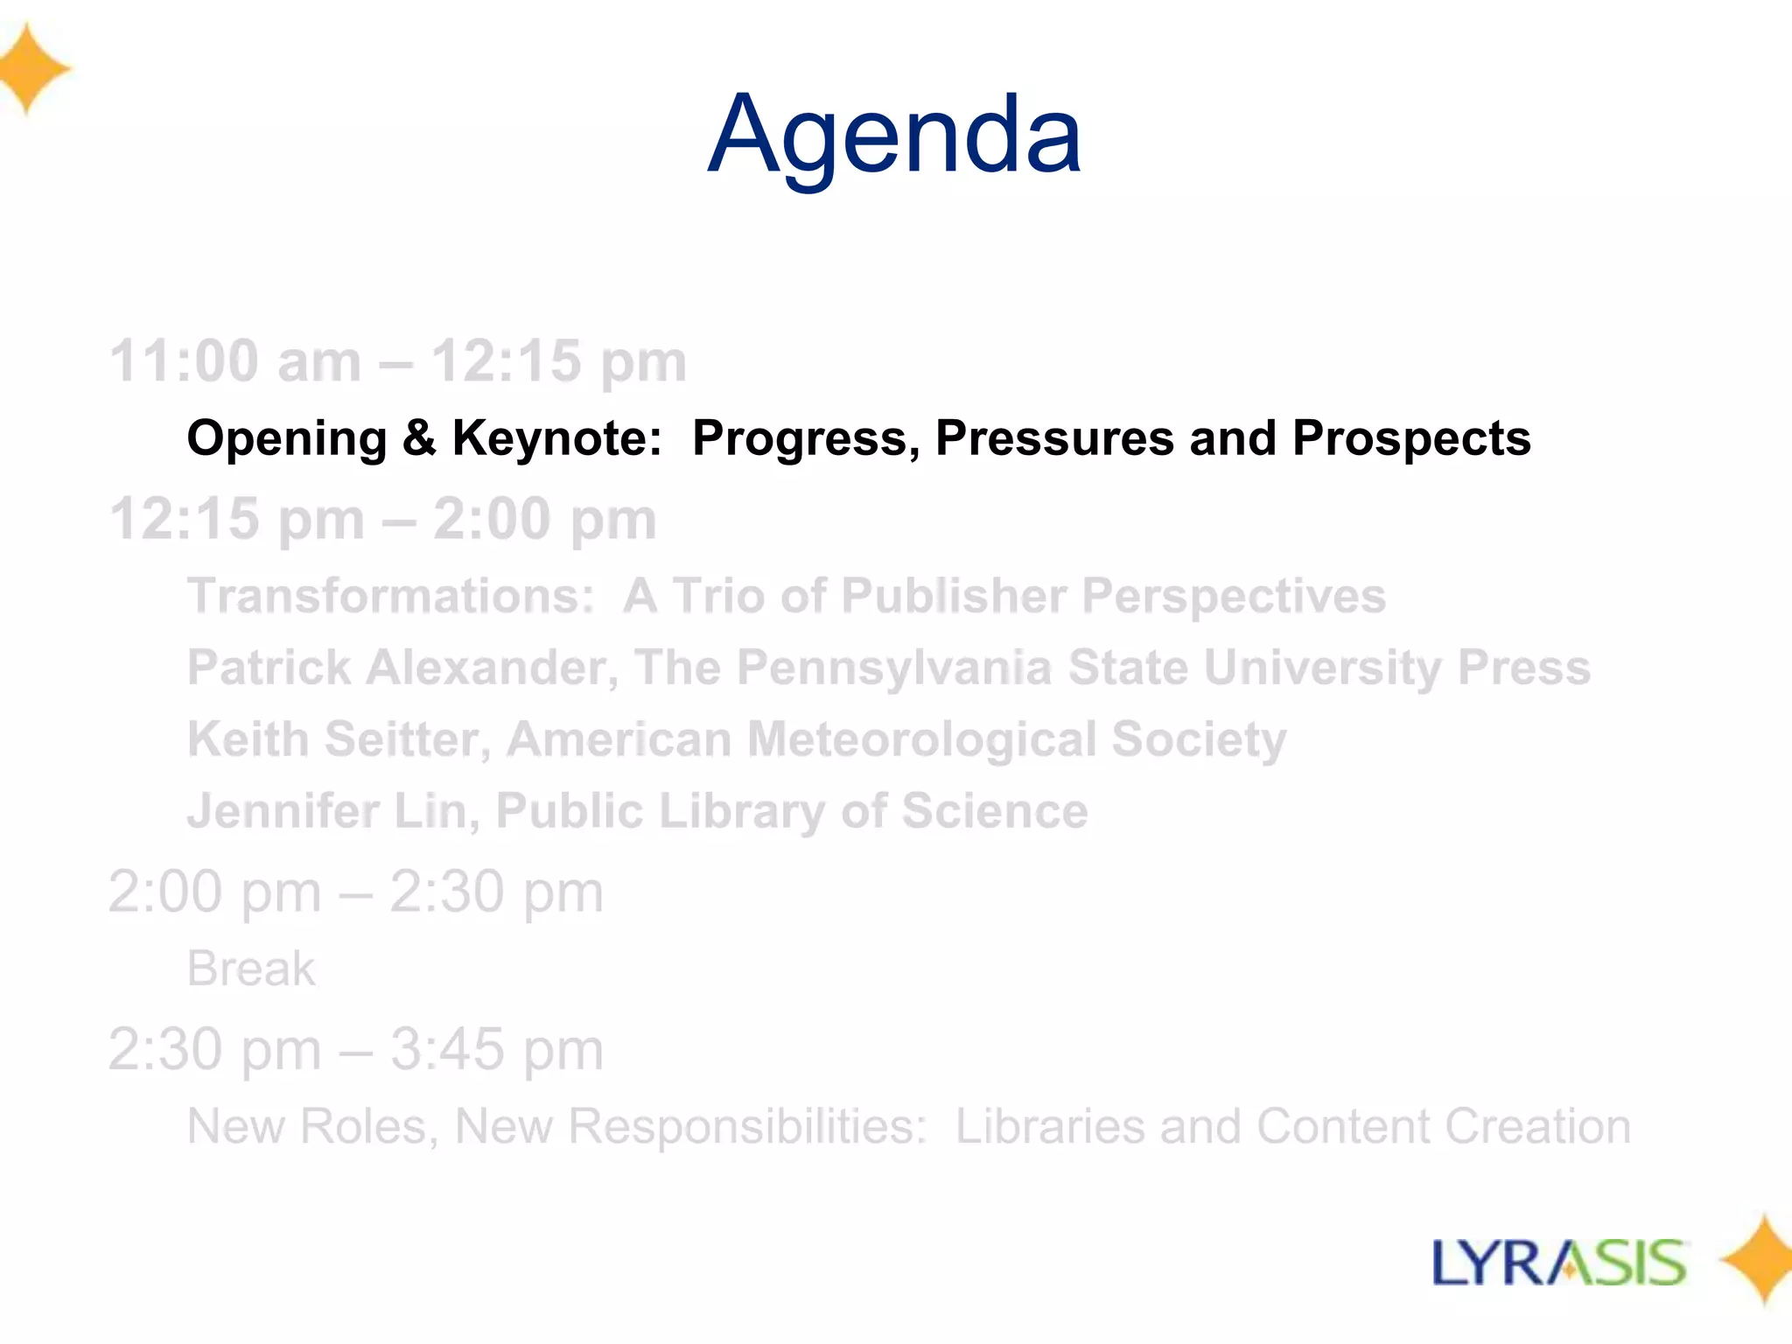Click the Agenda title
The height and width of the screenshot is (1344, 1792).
(x=894, y=137)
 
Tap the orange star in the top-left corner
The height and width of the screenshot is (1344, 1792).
(x=30, y=70)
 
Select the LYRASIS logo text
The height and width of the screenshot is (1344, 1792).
(x=1559, y=1263)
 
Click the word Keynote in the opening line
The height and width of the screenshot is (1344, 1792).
(x=556, y=438)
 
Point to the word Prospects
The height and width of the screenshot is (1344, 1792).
(x=1411, y=438)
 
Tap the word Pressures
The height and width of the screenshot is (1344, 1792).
(x=1054, y=438)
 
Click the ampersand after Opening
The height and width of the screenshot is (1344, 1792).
(x=419, y=438)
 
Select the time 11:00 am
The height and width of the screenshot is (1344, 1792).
(x=234, y=361)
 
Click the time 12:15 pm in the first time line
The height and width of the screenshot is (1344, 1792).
(x=559, y=361)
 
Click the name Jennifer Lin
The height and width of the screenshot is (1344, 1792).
(x=333, y=811)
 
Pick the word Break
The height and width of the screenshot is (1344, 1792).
(x=251, y=969)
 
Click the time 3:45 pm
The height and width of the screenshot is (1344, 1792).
(x=496, y=1049)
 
